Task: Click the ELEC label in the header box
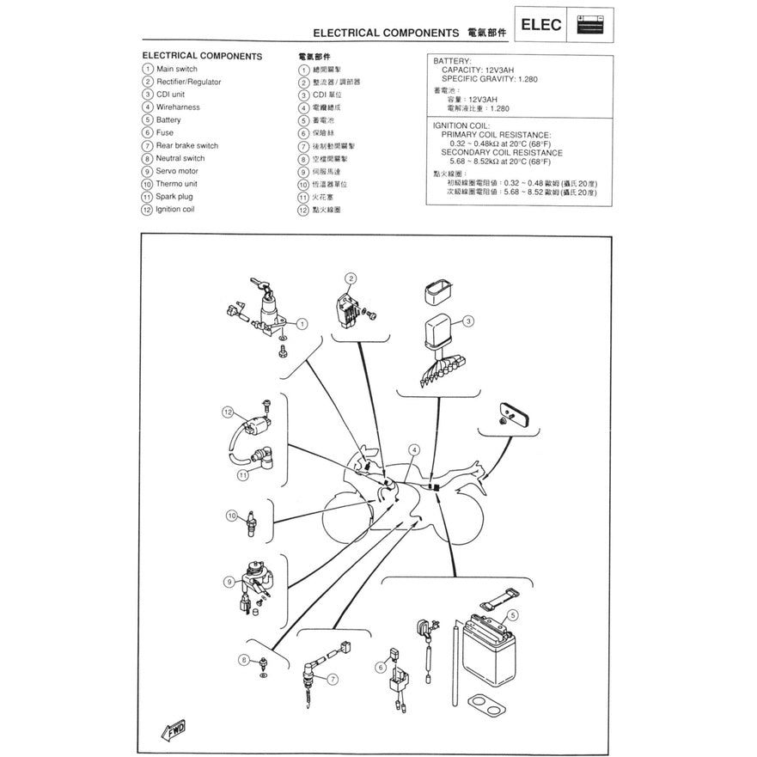(x=540, y=24)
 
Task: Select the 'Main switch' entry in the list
(x=176, y=69)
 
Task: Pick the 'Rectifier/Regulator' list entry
(x=188, y=82)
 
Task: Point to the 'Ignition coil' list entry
(x=174, y=209)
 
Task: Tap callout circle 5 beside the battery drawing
(x=513, y=615)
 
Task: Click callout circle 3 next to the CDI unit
(x=468, y=321)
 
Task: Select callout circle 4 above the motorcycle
(x=414, y=450)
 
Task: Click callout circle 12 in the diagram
(x=228, y=412)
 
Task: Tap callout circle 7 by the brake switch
(x=332, y=679)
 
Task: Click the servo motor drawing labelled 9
(x=254, y=586)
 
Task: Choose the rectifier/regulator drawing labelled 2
(x=348, y=309)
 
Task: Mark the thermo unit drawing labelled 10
(x=250, y=522)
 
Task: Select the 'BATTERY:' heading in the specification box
(x=452, y=62)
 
